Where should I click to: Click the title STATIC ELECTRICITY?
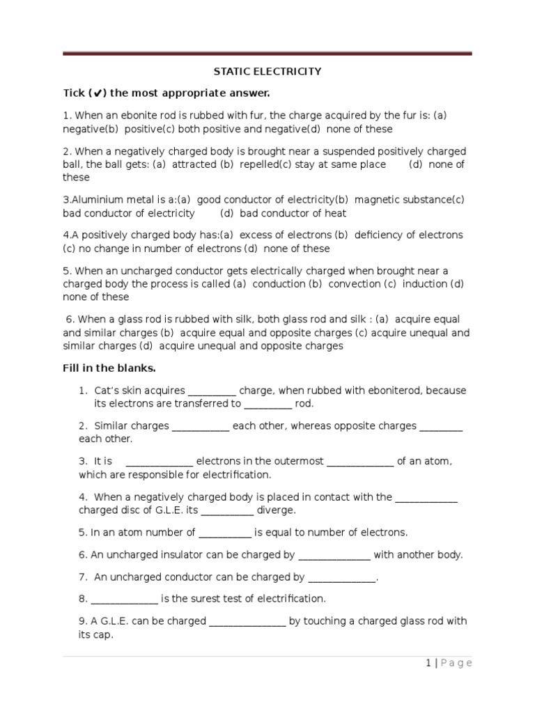pos(267,71)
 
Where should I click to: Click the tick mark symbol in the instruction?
pos(98,93)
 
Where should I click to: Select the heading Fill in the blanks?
pos(109,368)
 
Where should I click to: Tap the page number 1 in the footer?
pos(429,663)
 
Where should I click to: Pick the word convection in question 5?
pos(355,284)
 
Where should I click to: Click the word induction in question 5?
pos(425,284)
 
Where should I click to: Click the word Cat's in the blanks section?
pos(107,391)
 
